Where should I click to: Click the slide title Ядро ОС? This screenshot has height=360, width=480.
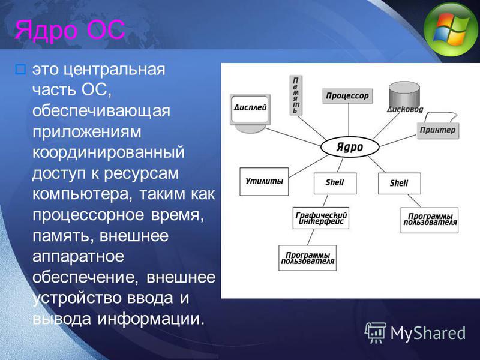coord(70,29)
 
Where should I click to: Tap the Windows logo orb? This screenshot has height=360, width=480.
coord(452,29)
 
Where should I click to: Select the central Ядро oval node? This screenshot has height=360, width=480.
coord(350,147)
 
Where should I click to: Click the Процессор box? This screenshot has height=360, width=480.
coord(347,96)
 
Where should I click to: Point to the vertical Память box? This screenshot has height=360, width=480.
coord(296,95)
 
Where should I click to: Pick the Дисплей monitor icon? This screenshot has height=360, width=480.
coord(250,113)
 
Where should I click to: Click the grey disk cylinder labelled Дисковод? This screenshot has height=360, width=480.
coord(404,95)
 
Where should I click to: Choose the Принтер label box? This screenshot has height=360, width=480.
coord(438,130)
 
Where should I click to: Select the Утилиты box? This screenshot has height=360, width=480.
coord(264,182)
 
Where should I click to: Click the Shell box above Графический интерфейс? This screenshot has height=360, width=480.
coord(335,184)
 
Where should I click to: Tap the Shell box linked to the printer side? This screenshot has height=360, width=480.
coord(399,184)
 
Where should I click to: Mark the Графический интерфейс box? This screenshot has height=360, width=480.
coord(321,218)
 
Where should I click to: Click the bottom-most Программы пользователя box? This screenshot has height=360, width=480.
coord(307,258)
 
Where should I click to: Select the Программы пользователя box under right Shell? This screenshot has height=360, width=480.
coord(430,220)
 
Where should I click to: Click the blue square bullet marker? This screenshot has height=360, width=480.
coord(20,70)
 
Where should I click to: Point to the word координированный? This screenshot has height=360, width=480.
coord(109,152)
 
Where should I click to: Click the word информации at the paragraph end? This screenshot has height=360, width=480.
coord(151,319)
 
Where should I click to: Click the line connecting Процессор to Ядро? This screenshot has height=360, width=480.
coord(349,120)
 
